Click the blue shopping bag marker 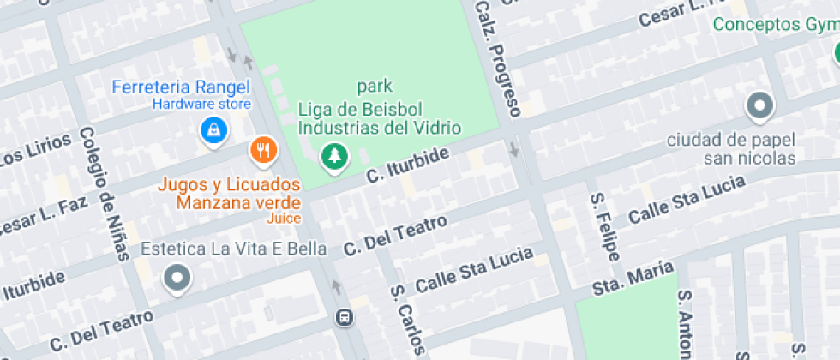point(212,130)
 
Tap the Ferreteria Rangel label point(182,87)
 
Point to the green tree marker point(333,156)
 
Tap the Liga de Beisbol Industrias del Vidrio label point(379,118)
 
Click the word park point(375,87)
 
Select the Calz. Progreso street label point(498,57)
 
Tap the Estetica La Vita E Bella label point(234,249)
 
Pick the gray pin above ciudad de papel point(759,107)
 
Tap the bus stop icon point(344,318)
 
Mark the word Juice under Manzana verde point(285,219)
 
